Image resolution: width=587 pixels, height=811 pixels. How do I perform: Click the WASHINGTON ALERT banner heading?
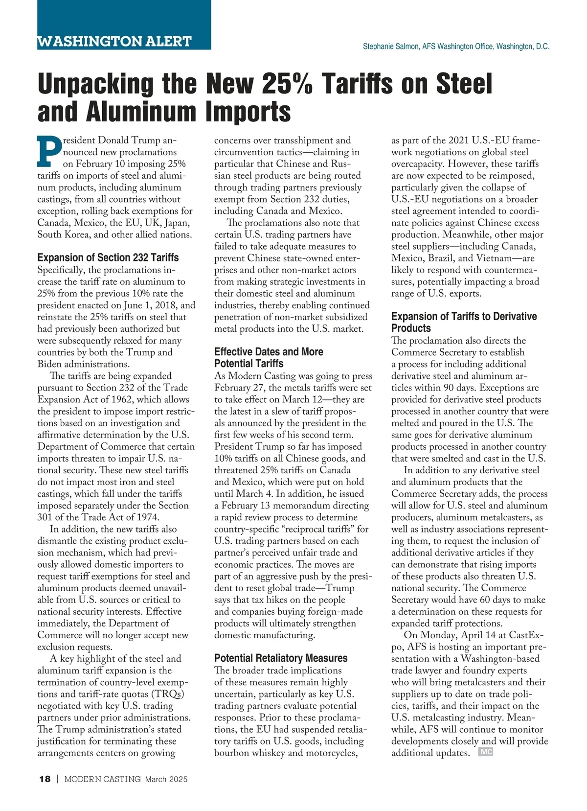(114, 41)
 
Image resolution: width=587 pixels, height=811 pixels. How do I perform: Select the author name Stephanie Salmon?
(391, 46)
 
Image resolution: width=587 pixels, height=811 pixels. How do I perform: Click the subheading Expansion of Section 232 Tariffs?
(108, 257)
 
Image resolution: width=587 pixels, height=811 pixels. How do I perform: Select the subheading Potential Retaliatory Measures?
(281, 658)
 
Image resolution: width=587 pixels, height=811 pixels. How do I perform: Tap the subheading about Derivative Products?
(464, 322)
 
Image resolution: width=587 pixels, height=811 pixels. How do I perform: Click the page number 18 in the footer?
(45, 779)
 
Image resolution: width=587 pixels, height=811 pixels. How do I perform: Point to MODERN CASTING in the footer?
(103, 779)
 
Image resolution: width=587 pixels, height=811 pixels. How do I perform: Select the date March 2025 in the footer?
(166, 779)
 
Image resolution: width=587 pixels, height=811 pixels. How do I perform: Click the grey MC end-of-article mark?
(486, 752)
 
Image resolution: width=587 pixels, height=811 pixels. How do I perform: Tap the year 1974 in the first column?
(147, 517)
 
